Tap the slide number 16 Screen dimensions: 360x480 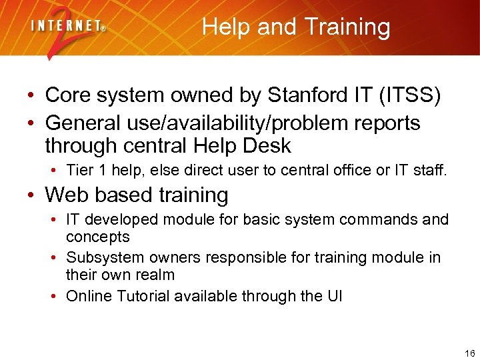pyautogui.click(x=469, y=353)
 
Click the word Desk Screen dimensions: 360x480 pyautogui.click(x=267, y=145)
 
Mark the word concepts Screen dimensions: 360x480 pyautogui.click(x=97, y=237)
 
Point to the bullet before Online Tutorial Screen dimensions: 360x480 pyautogui.click(x=53, y=296)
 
